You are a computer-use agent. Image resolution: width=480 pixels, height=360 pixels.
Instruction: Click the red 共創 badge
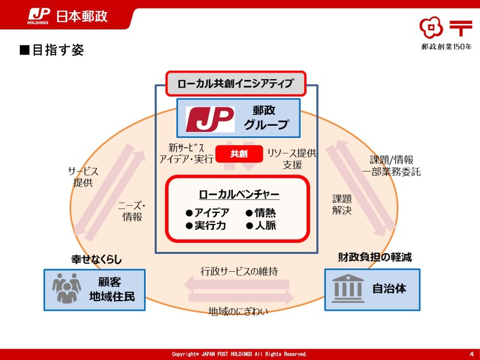click(x=239, y=154)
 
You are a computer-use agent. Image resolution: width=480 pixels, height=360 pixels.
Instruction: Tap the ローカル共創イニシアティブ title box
click(x=235, y=83)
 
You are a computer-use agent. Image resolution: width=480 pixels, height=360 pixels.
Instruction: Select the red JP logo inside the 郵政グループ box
click(x=209, y=118)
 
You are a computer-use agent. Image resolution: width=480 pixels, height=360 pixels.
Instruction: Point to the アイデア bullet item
click(x=207, y=212)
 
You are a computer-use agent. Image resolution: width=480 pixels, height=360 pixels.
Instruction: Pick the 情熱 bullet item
click(x=261, y=212)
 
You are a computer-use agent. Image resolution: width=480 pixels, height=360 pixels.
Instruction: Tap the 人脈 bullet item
click(x=261, y=226)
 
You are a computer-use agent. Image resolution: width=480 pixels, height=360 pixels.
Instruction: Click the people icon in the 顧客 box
click(x=66, y=289)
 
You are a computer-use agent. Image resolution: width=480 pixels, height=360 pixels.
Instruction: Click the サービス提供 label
click(x=83, y=177)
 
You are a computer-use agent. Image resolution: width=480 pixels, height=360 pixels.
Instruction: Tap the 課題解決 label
click(x=342, y=205)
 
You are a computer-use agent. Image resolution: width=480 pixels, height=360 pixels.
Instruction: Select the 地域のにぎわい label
click(x=238, y=311)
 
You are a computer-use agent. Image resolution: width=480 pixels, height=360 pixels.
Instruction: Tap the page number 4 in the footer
click(x=471, y=354)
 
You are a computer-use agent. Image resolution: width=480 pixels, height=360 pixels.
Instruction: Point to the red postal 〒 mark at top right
click(x=461, y=27)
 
